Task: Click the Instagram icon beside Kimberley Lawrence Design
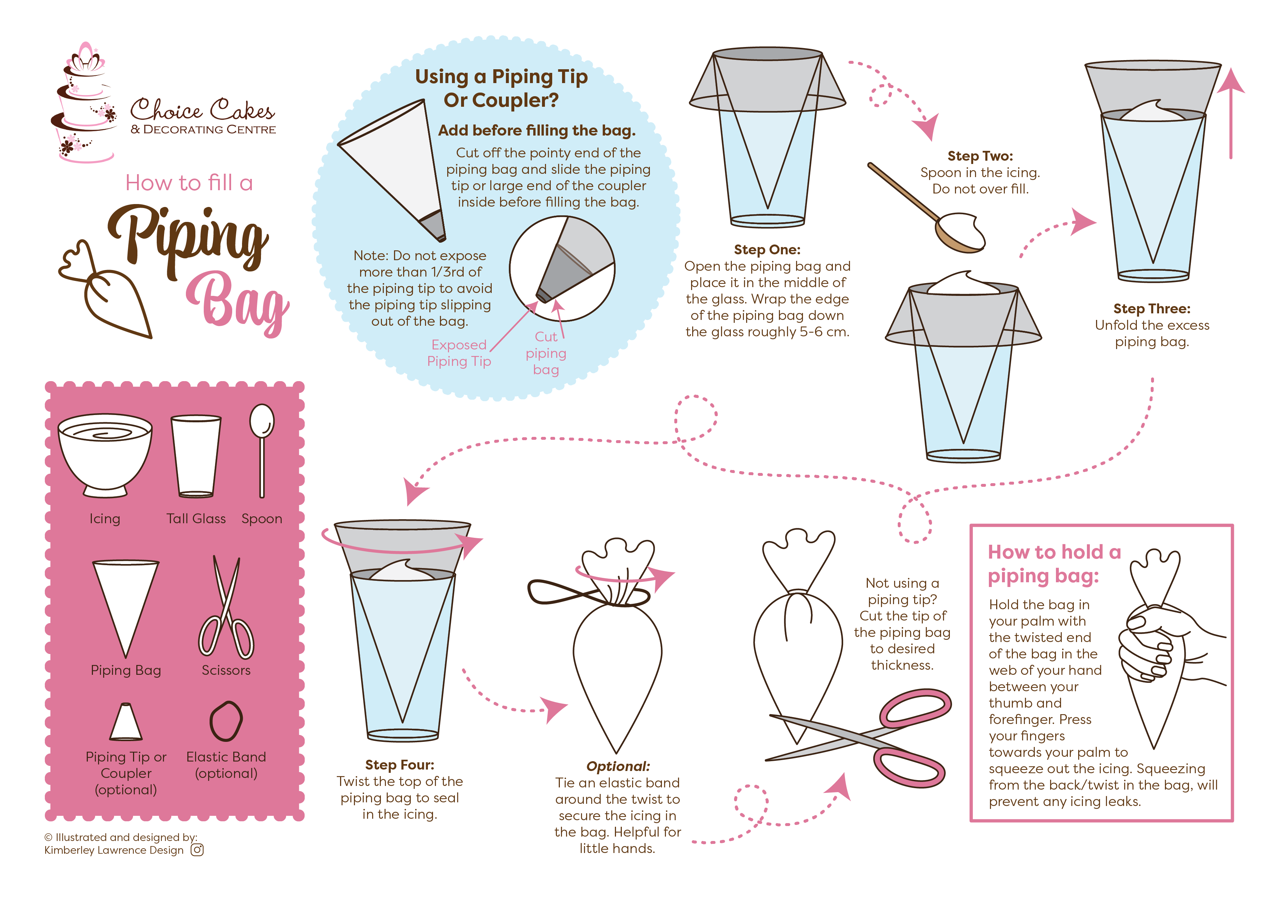coord(197,849)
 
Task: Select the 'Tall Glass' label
coord(196,518)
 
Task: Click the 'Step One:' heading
coord(767,250)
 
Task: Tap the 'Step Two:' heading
coord(980,156)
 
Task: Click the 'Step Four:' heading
coord(399,765)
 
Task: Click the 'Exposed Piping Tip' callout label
coord(459,353)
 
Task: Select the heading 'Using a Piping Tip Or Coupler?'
coord(501,88)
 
